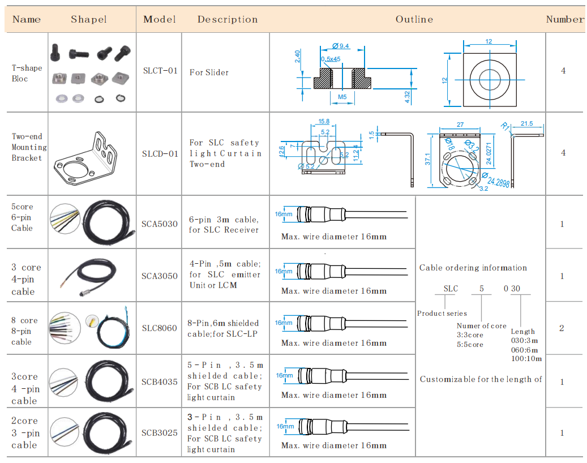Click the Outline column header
coord(414,19)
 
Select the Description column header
coord(227,19)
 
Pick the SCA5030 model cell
coord(160,224)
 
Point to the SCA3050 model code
coord(160,276)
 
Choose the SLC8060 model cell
coord(160,328)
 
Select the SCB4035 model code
coord(160,382)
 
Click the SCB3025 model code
coord(160,433)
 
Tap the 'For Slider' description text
coord(209,72)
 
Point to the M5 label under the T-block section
coord(342,97)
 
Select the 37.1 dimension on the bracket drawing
coord(428,160)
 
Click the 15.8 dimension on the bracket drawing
coord(324,122)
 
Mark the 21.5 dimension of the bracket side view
coord(526,123)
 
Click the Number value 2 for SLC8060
coord(562,328)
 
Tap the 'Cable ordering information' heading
coord(473,268)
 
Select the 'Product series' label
coord(442,313)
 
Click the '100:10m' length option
coord(526,358)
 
